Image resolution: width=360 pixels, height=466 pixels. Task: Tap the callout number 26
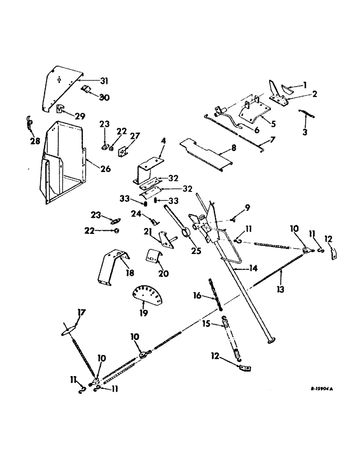pos(106,169)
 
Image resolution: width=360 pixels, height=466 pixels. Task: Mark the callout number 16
pos(198,295)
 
